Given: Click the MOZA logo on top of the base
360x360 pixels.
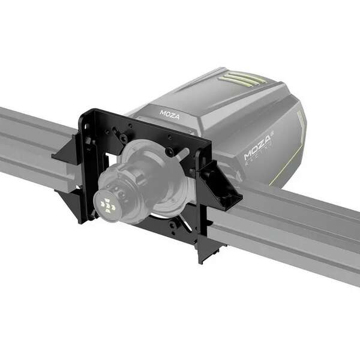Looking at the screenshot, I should coord(169,113).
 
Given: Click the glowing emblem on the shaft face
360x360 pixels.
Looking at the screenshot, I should coord(109,205).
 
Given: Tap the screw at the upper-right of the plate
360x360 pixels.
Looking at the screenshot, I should coord(169,152).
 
